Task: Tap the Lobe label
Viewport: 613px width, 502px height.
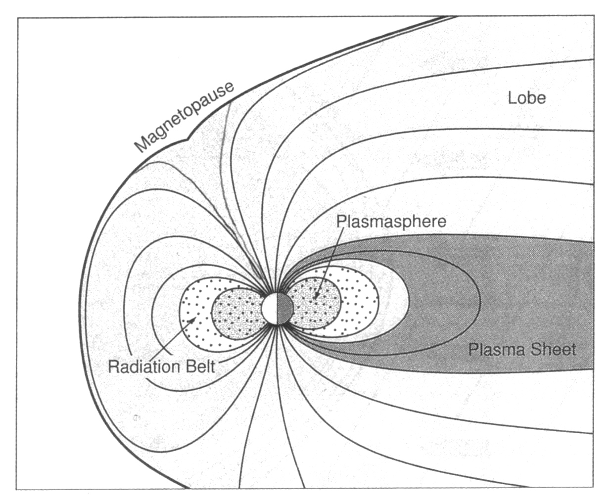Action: [527, 98]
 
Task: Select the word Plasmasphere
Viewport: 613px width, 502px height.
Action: [391, 222]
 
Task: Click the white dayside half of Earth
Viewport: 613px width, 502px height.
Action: [269, 309]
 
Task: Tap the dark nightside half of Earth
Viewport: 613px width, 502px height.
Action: [285, 309]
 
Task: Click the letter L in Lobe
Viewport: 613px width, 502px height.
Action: [512, 98]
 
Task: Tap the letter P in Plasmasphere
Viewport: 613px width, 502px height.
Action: [341, 222]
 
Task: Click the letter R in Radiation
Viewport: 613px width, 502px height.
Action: [114, 367]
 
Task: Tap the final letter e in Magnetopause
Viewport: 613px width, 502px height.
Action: [228, 87]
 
